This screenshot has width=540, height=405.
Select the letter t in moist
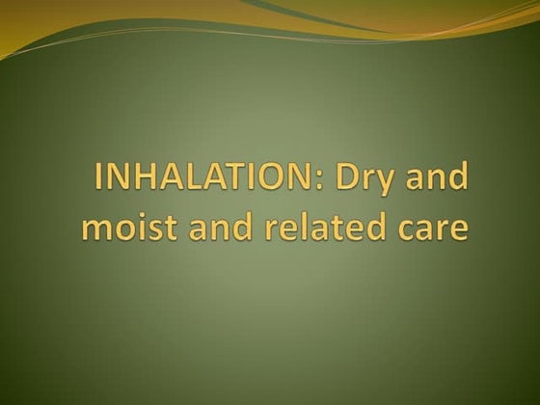coord(168,230)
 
